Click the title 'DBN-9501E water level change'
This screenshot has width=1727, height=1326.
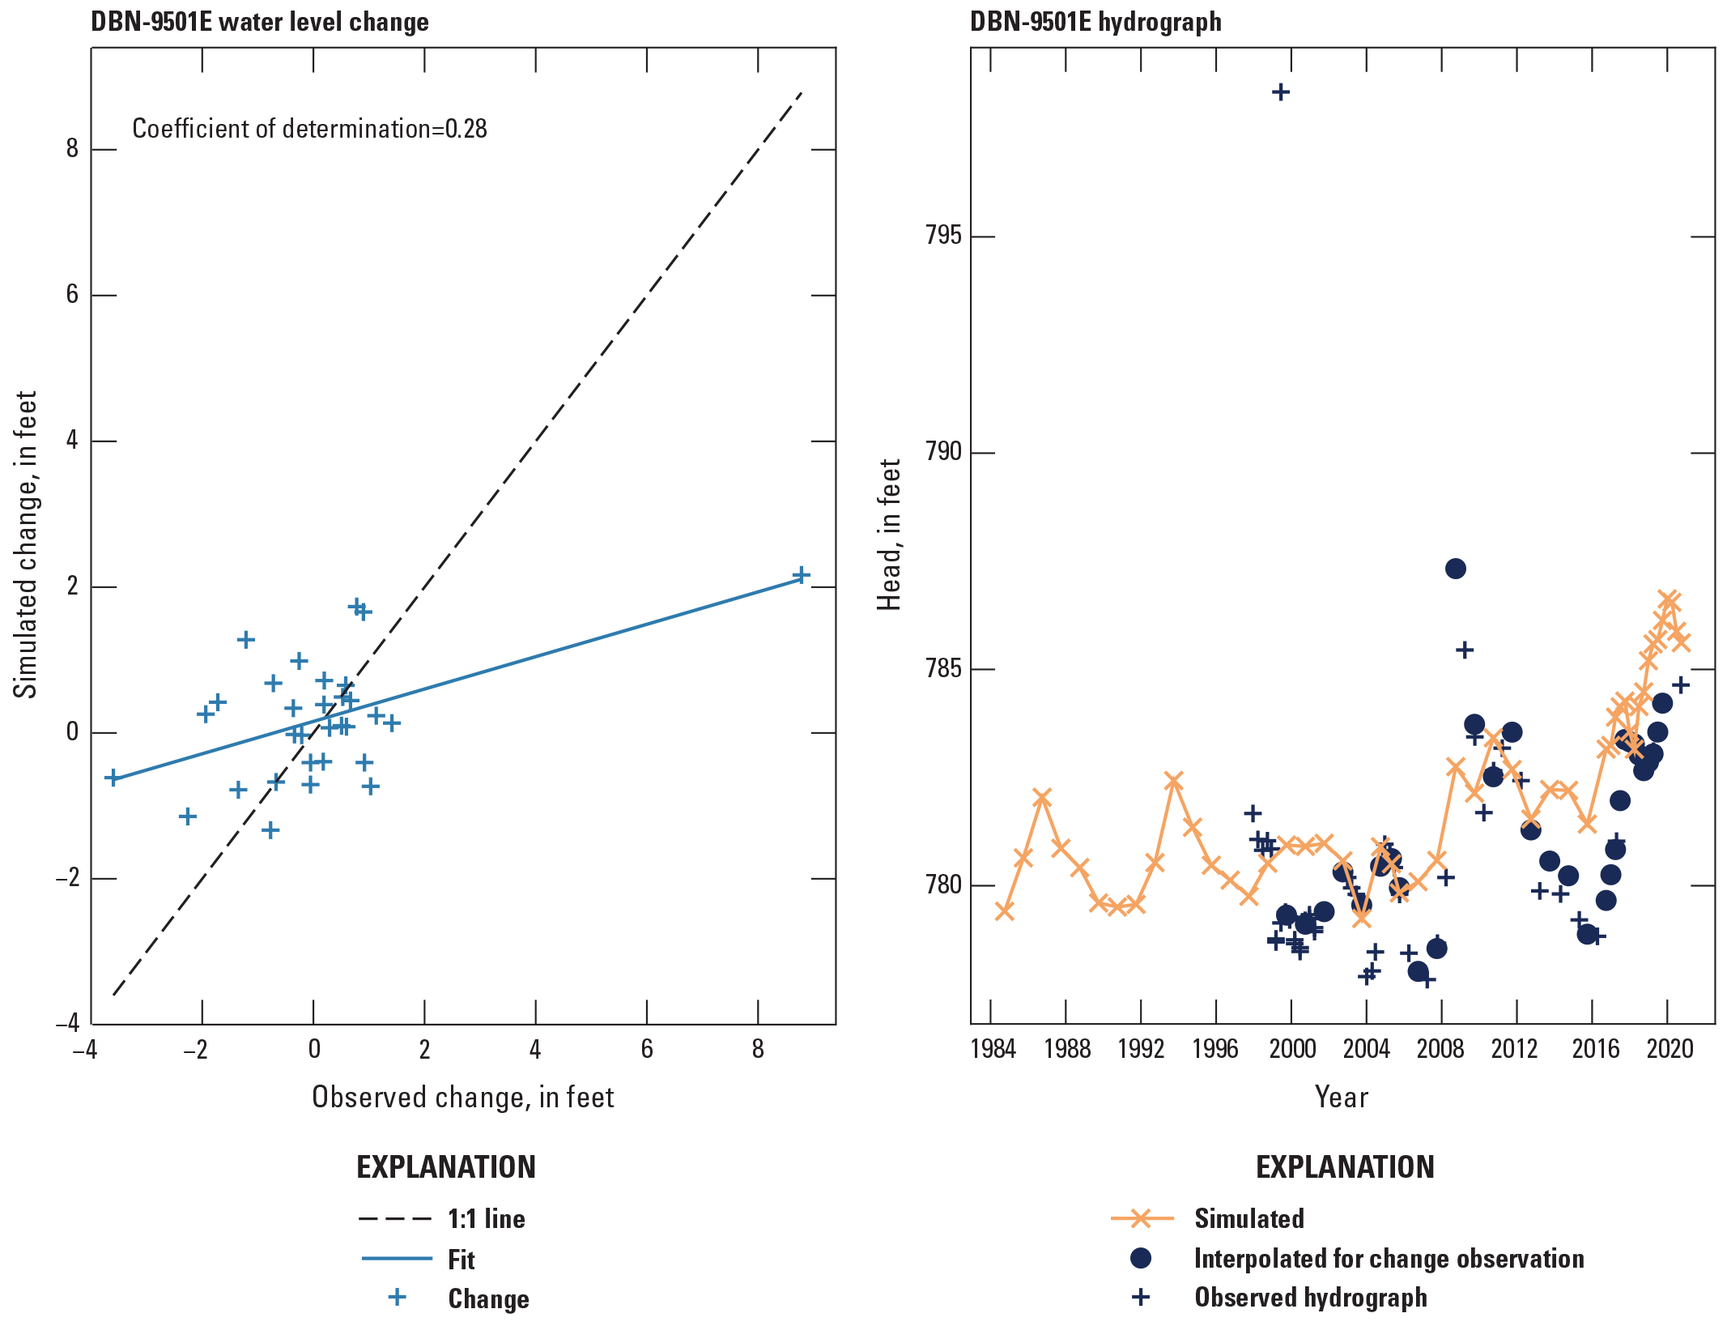pos(260,22)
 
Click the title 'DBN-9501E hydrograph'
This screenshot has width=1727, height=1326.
pos(1095,22)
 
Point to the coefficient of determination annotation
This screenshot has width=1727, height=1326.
pos(309,129)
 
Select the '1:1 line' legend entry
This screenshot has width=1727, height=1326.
pos(486,1219)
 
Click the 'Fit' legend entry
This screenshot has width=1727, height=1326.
pos(461,1260)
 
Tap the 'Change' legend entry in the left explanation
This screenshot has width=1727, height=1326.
pos(488,1298)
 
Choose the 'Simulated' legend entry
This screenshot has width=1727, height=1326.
pos(1248,1219)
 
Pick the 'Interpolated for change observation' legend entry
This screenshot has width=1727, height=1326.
pos(1389,1259)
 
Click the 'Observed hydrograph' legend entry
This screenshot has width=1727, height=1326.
pos(1310,1298)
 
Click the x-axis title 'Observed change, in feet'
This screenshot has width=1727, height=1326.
pos(463,1098)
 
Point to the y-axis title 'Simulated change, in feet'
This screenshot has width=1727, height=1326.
pos(26,544)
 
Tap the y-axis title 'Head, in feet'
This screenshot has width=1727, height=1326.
pos(890,535)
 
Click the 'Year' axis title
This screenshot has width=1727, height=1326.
pos(1342,1098)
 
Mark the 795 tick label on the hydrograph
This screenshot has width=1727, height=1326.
pos(943,237)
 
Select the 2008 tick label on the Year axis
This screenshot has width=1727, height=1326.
pos(1440,1050)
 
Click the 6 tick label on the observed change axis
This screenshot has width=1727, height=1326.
pos(647,1050)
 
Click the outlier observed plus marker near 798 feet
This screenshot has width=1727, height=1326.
pos(1280,92)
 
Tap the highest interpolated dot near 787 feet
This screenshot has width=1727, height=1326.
pos(1455,569)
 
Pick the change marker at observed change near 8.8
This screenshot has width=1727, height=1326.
pos(801,576)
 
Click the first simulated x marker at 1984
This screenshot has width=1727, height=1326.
pos(1004,912)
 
